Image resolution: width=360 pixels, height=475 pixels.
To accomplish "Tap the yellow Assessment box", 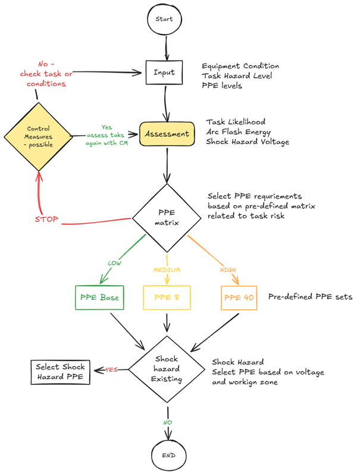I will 167,134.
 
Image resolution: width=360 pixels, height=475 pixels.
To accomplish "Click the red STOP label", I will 46,220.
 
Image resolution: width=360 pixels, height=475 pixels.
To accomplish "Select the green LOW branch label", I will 114,262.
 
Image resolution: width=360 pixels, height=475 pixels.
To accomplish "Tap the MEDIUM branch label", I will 167,269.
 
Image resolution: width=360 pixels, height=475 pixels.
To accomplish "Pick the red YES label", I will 111,370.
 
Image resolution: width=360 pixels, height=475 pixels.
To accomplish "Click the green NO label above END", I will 167,422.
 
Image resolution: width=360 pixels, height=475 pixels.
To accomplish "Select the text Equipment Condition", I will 240,66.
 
